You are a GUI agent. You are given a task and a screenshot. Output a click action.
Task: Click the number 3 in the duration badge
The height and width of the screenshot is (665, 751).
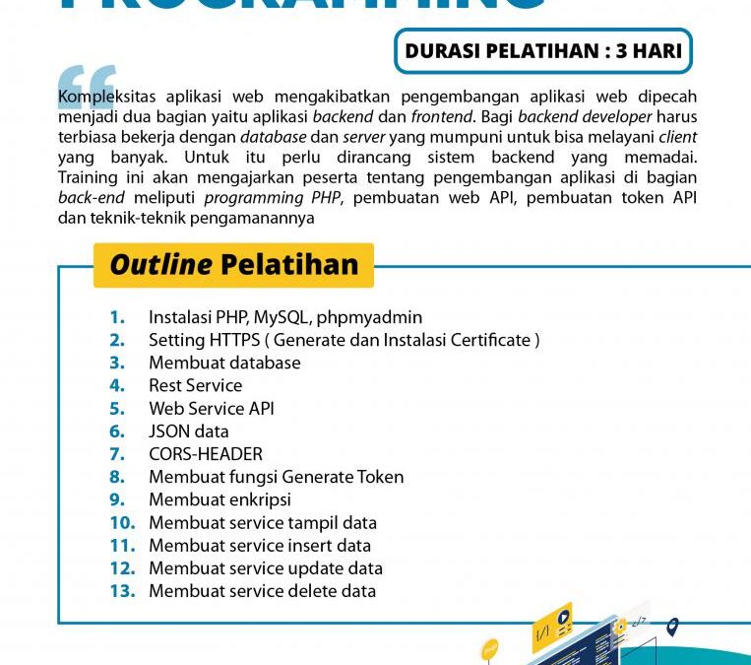point(623,51)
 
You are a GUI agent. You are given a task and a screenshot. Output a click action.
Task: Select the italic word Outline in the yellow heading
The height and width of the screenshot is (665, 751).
point(160,265)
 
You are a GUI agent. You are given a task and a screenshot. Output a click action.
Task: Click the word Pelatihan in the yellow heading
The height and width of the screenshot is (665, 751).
point(289,265)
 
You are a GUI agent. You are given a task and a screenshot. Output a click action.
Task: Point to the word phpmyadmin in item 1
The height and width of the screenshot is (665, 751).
point(369,317)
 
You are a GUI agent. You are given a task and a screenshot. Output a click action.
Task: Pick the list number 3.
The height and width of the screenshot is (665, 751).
point(117,363)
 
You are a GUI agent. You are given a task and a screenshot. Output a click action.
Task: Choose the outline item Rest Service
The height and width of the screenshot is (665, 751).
point(195,385)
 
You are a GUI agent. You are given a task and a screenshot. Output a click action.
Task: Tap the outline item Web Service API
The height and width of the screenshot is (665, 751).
point(212,408)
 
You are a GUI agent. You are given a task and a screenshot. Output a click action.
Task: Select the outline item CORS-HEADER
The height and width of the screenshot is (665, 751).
point(206,454)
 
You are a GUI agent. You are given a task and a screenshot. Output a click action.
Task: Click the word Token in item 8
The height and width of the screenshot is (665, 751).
point(378,477)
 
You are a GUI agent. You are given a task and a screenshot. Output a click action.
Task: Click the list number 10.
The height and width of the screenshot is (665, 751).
point(122,523)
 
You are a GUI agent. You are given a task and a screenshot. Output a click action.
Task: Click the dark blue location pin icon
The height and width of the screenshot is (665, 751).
point(672,627)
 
